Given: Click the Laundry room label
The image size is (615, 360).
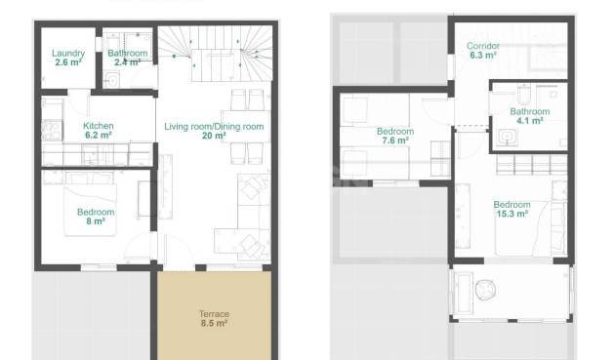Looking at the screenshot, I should pos(68,54).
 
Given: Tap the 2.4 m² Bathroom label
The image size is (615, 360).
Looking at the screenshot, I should pos(128,54).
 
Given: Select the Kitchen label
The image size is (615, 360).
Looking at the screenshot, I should pos(99,126).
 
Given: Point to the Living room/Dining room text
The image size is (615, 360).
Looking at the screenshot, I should pos(214,127).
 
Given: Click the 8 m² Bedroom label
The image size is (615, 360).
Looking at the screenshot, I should pos(96,212).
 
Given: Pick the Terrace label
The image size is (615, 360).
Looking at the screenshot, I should pos(214,313).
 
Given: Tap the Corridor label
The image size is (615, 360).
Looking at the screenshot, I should pos(483,47).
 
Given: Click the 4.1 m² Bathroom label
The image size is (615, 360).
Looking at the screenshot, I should pos(529,111).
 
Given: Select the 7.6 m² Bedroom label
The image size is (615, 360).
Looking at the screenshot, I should pos(394,132).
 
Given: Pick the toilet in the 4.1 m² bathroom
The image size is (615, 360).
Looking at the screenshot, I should pos(523,94).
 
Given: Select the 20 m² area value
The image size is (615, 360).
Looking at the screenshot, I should pos(214,137).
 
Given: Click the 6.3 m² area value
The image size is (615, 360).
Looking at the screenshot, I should pos(483,56).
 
